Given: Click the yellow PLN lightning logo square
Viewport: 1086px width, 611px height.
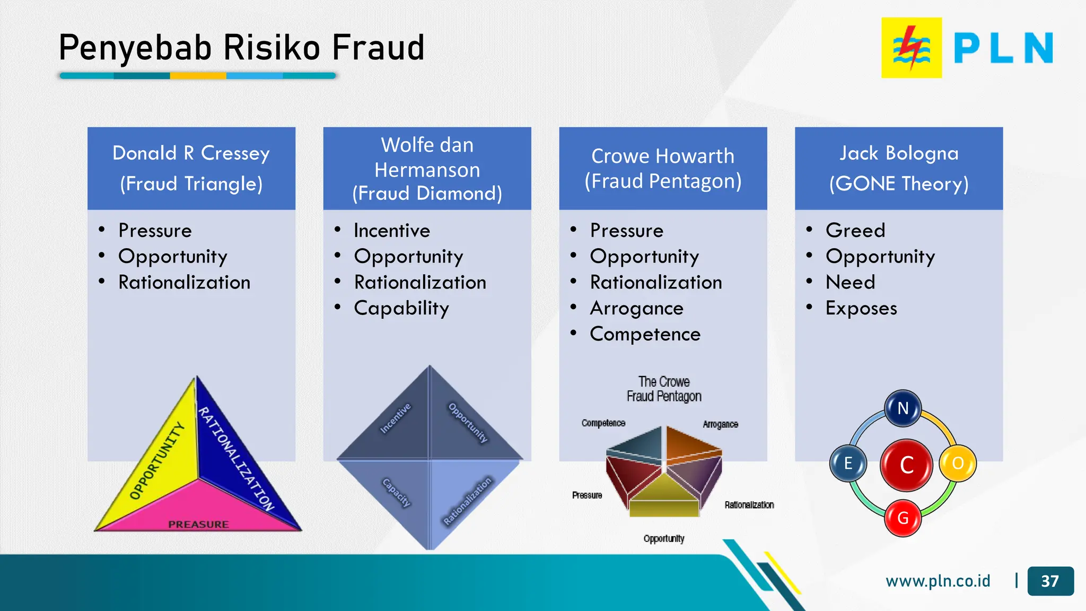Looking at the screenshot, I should click(911, 48).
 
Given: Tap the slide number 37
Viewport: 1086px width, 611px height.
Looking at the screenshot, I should click(1050, 581).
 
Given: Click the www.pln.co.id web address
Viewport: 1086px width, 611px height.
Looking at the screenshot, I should click(938, 581).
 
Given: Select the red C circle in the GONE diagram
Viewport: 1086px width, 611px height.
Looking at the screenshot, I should click(906, 465).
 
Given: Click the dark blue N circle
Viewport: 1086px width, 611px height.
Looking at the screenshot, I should click(903, 408).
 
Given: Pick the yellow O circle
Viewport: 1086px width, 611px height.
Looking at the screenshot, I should click(957, 463).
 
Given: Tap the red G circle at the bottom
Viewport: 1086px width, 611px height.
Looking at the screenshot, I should click(903, 518).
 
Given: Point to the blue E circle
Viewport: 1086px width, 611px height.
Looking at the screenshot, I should click(848, 463).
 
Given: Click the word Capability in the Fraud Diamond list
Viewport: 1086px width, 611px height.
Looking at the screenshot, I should click(401, 308).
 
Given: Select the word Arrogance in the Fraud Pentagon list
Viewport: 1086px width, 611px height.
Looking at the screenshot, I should click(636, 308).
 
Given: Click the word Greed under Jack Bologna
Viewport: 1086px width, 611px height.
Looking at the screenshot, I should click(855, 230).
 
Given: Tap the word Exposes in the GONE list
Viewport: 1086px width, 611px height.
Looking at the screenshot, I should click(861, 308).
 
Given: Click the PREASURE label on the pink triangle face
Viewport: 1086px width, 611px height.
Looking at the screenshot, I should click(198, 524).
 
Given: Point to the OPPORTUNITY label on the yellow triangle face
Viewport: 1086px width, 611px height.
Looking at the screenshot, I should click(157, 460).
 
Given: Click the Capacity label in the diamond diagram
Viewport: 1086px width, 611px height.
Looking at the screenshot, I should click(397, 493).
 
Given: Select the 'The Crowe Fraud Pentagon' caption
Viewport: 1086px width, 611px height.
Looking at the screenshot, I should click(663, 389).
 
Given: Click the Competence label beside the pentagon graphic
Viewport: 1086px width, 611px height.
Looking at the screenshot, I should click(603, 423).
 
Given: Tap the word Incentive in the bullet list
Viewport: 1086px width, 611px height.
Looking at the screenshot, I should click(392, 230).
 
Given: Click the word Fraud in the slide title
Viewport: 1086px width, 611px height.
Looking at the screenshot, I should click(378, 48).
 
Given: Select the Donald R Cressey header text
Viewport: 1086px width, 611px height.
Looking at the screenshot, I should click(191, 153).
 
